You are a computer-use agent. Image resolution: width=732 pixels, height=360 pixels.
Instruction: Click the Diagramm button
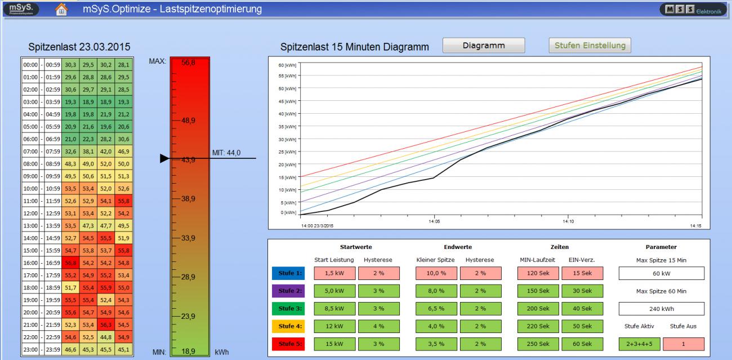pos(483,46)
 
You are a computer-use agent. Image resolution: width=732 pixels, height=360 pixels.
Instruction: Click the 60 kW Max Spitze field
pos(662,273)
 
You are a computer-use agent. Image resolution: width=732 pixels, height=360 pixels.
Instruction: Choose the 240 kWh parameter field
pos(662,309)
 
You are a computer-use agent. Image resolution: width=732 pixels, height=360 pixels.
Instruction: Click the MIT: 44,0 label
pos(226,152)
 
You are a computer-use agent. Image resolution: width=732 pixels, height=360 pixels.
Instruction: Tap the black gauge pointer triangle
pos(164,159)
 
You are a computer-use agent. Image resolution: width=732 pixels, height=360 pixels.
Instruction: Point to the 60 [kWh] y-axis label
pos(287,65)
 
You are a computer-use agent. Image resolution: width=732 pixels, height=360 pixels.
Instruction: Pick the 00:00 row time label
pos(30,65)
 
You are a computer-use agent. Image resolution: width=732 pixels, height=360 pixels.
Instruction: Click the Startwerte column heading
pos(356,247)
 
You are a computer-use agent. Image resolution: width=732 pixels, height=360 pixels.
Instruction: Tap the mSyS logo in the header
pos(20,8)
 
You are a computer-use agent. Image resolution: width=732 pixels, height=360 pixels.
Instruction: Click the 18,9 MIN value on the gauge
pos(189,351)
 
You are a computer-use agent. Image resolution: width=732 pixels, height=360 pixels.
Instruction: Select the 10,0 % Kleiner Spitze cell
pos(435,273)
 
